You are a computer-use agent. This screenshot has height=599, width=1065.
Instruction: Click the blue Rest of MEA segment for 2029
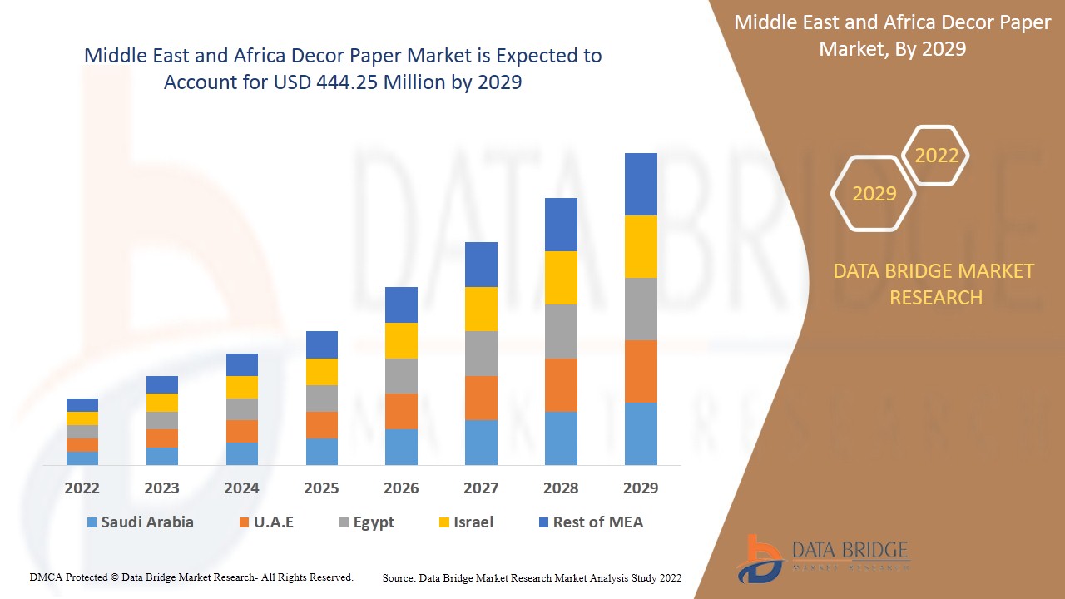click(641, 184)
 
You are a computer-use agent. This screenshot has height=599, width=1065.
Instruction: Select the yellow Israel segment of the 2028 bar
click(561, 278)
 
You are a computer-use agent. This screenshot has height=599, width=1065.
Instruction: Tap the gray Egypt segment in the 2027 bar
click(481, 354)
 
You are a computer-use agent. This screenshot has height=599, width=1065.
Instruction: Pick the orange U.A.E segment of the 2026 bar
click(401, 411)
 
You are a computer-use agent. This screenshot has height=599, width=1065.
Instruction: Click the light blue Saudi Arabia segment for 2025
click(321, 451)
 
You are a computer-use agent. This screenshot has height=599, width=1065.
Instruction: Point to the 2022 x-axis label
click(82, 488)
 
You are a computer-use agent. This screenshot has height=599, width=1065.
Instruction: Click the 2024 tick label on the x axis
click(241, 488)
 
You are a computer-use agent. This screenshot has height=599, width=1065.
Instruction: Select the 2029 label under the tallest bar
click(641, 488)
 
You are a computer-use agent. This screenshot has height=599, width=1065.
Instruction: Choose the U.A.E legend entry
click(266, 522)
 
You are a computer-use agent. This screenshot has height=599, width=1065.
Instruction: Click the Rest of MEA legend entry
click(591, 522)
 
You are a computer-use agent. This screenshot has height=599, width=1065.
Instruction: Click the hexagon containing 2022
click(936, 156)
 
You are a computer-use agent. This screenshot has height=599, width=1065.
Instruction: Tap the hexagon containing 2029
click(874, 194)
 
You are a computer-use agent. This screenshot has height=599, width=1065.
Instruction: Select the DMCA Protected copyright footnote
click(191, 577)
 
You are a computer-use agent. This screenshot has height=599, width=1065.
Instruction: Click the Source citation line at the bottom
click(532, 577)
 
